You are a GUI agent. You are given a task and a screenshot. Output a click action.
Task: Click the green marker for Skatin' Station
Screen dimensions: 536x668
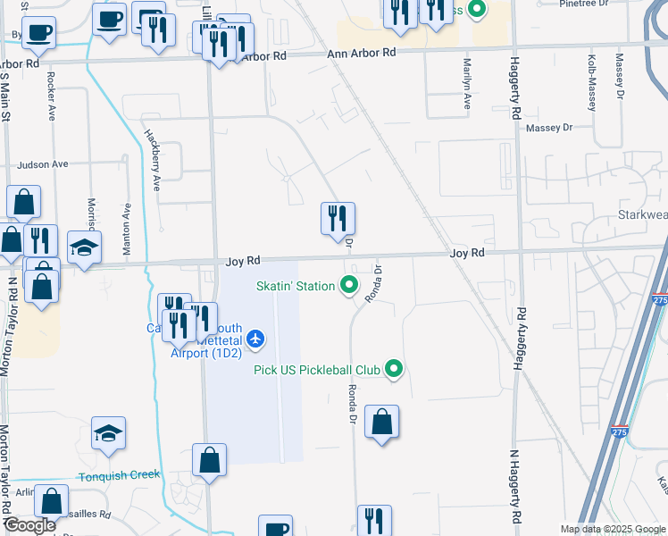pyautogui.click(x=349, y=286)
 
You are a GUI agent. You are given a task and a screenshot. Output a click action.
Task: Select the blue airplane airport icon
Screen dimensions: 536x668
pyautogui.click(x=256, y=338)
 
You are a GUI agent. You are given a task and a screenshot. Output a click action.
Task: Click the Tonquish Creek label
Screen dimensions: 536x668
pyautogui.click(x=118, y=475)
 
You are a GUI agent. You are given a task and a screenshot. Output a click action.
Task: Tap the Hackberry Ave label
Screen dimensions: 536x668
pyautogui.click(x=153, y=160)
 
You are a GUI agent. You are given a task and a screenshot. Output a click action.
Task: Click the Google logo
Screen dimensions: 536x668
pyautogui.click(x=30, y=525)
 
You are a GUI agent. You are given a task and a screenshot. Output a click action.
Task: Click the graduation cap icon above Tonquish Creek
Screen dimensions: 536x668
pyautogui.click(x=108, y=433)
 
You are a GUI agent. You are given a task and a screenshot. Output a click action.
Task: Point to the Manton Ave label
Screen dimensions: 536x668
pyautogui.click(x=128, y=230)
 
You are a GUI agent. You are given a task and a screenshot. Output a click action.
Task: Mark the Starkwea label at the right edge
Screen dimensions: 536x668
pyautogui.click(x=642, y=215)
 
